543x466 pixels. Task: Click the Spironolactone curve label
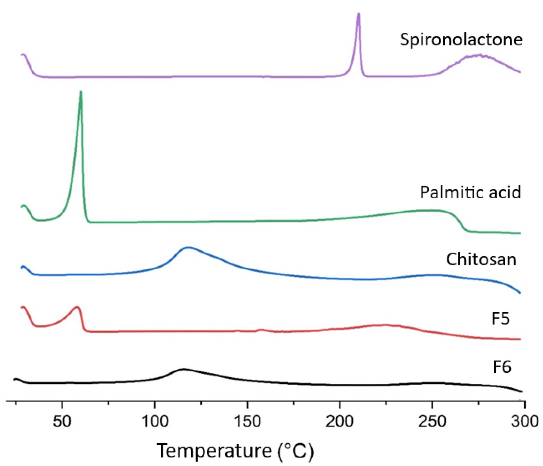point(461,39)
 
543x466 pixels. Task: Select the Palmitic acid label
point(470,192)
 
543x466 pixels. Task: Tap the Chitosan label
point(481,259)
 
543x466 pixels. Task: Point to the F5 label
point(501,318)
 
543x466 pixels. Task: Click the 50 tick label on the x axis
point(62,421)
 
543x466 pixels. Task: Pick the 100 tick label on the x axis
point(155,421)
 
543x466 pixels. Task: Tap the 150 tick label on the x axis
point(247,421)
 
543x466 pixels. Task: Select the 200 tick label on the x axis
point(339,421)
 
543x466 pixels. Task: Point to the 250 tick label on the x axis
point(432,421)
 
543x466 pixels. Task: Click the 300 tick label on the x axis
point(525,421)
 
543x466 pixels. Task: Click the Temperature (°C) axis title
point(235,451)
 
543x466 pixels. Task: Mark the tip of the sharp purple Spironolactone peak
point(358,14)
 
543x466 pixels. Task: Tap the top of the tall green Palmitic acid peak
point(81,92)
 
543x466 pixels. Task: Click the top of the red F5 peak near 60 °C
point(77,307)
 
